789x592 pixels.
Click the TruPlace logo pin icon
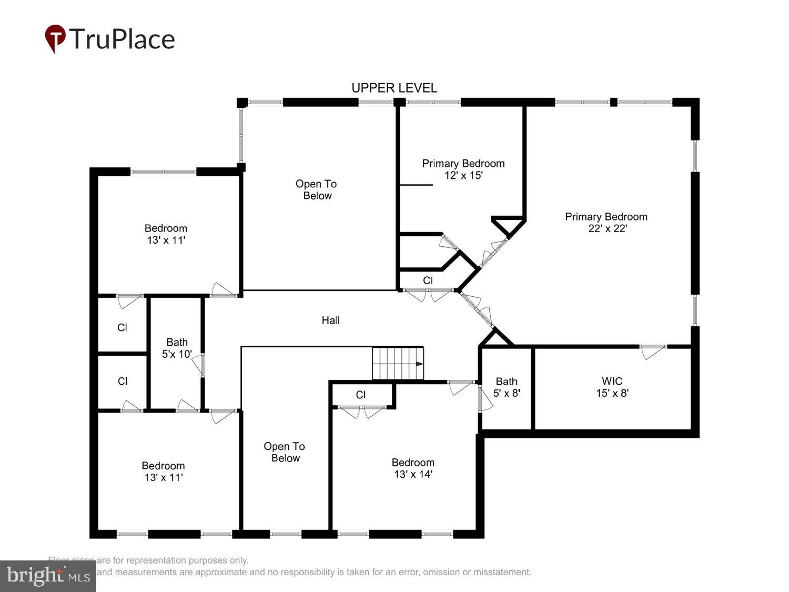(55, 38)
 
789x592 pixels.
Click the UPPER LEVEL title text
(394, 88)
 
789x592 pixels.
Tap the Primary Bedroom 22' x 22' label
(606, 222)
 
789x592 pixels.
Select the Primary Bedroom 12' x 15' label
(463, 169)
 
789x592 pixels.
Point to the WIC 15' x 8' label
(612, 387)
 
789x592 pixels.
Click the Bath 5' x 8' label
(506, 387)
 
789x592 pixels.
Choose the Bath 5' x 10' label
(177, 348)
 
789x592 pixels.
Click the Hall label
(330, 320)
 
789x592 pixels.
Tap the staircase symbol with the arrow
(398, 363)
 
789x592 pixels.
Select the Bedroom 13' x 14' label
(413, 468)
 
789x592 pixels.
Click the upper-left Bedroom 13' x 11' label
(166, 234)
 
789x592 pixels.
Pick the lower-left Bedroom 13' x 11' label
(163, 471)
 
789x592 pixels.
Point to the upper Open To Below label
(316, 189)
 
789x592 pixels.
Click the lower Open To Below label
(285, 452)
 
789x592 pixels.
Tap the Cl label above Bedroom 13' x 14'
(361, 395)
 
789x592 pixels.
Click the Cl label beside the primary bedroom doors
(428, 280)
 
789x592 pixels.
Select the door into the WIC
(653, 350)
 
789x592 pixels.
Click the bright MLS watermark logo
(48, 576)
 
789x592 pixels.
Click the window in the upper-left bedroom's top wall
(163, 172)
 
